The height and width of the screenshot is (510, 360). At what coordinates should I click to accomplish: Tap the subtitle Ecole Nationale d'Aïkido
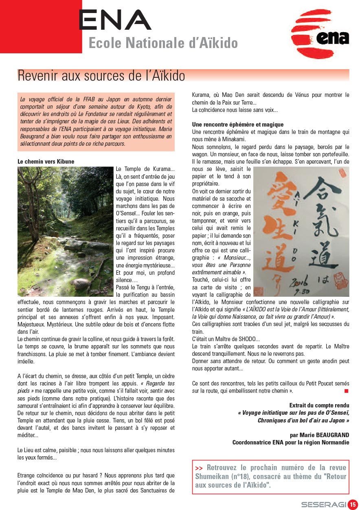coord(163,43)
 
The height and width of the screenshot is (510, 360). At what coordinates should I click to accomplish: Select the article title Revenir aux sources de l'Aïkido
coord(101,76)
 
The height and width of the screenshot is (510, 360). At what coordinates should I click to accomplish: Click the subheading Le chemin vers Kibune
coord(46,162)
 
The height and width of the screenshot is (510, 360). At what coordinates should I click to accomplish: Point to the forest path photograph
coord(65,231)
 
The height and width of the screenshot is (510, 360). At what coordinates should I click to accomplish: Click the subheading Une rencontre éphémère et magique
coord(238,125)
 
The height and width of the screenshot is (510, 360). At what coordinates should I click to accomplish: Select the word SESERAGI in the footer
coord(323,505)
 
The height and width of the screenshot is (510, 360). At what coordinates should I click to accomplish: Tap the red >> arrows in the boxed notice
coord(199,468)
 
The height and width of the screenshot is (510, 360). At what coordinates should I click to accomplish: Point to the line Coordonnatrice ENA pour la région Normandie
coord(290,442)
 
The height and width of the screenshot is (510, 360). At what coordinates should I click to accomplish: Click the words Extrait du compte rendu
coord(319,405)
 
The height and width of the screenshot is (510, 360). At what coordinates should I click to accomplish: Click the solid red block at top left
coord(41,26)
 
